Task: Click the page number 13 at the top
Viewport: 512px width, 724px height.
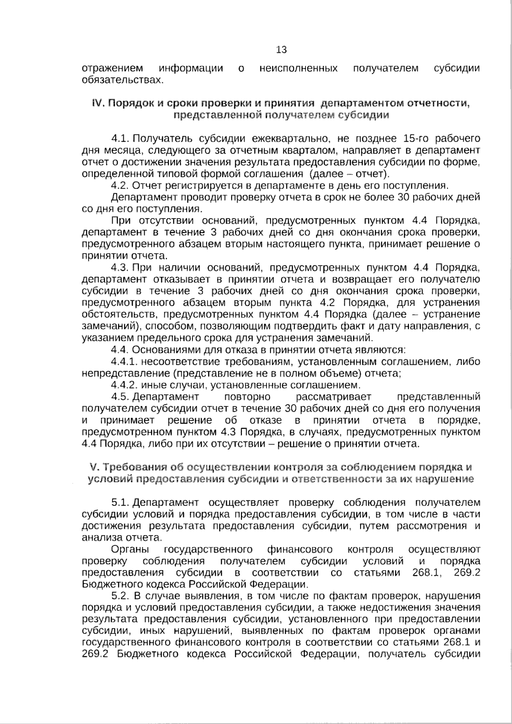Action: pyautogui.click(x=282, y=50)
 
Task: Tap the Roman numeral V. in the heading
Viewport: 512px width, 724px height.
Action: pyautogui.click(x=95, y=467)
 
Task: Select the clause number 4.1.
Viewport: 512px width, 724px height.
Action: pyautogui.click(x=120, y=139)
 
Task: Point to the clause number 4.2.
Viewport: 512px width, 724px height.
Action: pyautogui.click(x=120, y=185)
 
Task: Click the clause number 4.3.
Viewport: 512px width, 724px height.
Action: pyautogui.click(x=120, y=268)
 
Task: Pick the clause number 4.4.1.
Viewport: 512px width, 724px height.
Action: pyautogui.click(x=123, y=362)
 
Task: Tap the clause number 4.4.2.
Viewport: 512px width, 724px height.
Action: pyautogui.click(x=124, y=385)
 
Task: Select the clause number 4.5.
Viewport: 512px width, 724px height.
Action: pyautogui.click(x=120, y=397)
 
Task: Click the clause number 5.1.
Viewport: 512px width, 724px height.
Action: pyautogui.click(x=120, y=503)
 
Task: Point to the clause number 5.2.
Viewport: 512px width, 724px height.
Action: pyautogui.click(x=120, y=596)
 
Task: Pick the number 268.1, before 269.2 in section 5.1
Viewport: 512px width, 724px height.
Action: pyautogui.click(x=427, y=573)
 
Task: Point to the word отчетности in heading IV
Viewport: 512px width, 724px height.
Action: pyautogui.click(x=442, y=104)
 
